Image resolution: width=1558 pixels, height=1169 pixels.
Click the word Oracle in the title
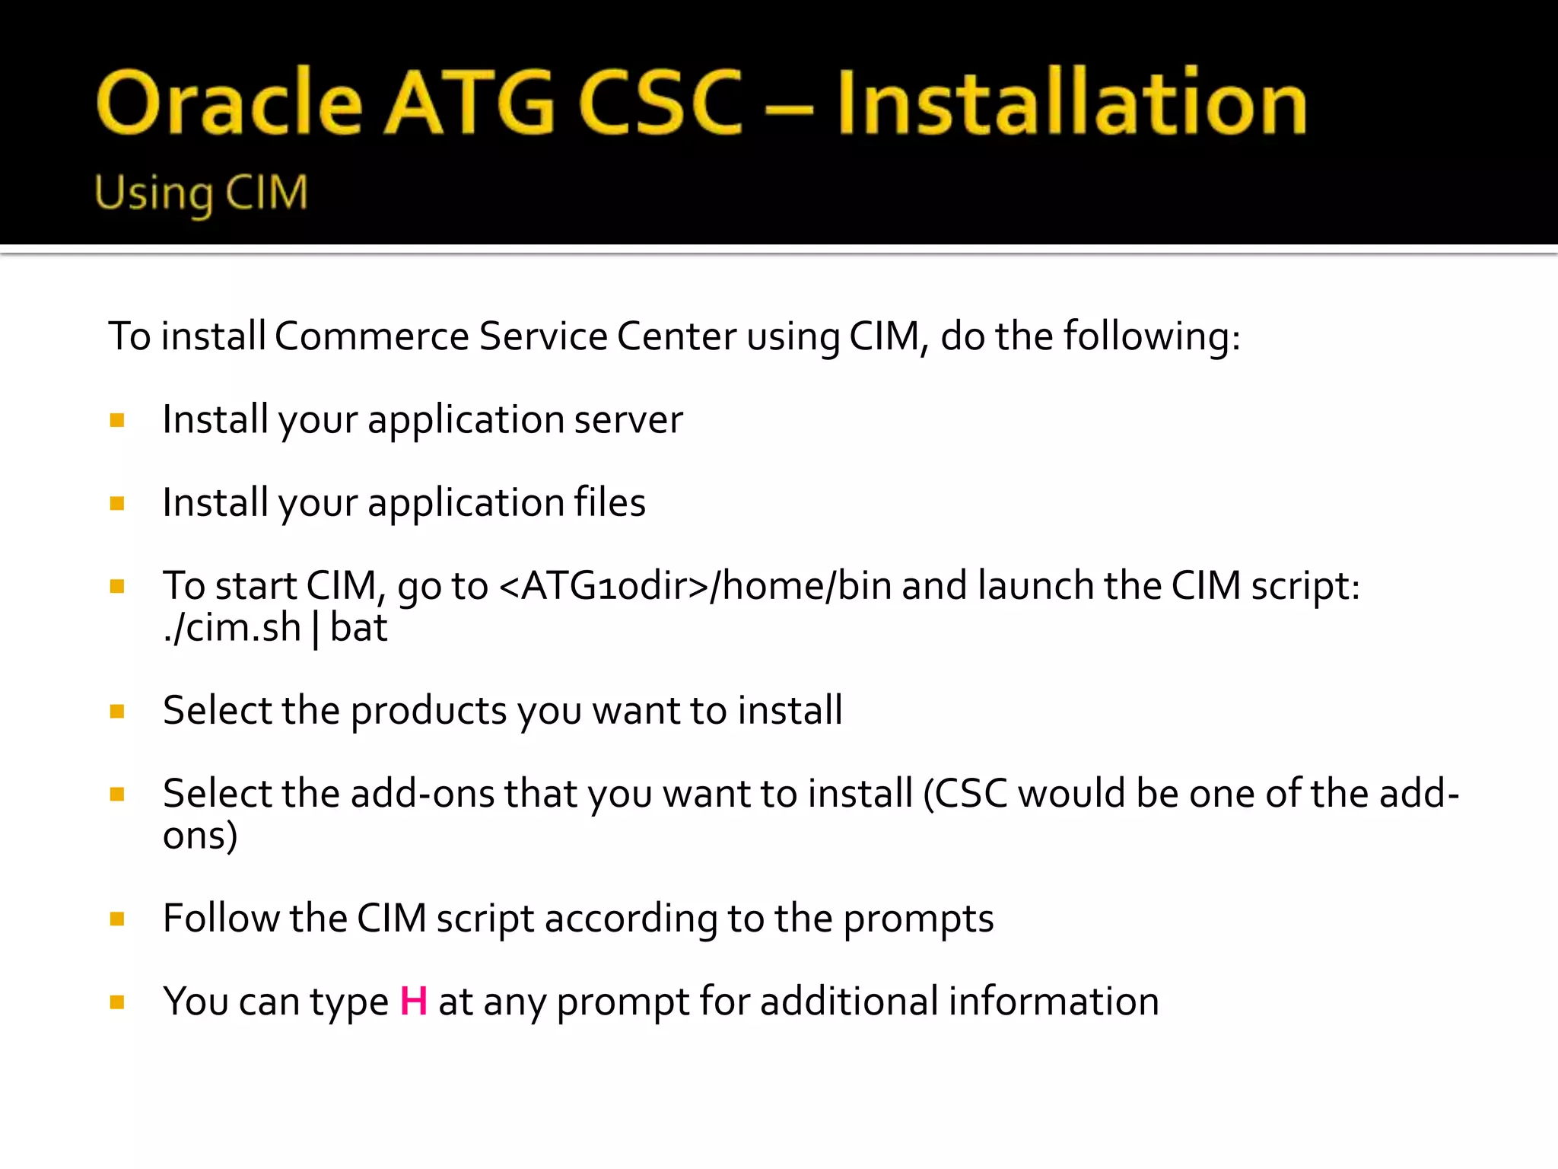(x=228, y=103)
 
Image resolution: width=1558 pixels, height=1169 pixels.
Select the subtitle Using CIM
(x=201, y=193)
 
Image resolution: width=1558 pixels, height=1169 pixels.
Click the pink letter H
(x=413, y=1001)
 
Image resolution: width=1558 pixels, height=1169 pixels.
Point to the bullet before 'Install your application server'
(x=117, y=420)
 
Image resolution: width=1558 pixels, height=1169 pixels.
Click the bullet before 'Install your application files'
(x=117, y=503)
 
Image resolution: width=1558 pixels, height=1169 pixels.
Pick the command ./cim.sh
(x=232, y=629)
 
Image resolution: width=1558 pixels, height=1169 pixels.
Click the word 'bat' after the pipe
(x=358, y=629)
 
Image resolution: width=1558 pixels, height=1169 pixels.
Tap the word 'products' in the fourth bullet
(x=428, y=711)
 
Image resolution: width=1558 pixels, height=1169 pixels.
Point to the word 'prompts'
(x=918, y=919)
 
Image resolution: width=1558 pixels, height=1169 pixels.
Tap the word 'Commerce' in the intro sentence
(x=371, y=336)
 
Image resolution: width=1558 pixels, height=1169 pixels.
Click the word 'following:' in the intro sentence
(x=1152, y=336)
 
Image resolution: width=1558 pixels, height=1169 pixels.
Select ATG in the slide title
(x=470, y=103)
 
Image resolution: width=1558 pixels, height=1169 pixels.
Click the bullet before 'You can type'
(x=117, y=1002)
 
